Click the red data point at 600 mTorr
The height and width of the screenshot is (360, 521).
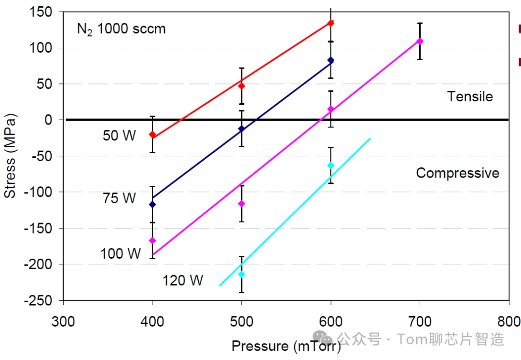(330, 23)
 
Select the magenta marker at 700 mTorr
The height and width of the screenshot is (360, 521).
(420, 41)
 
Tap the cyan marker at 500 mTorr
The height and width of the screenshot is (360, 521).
(242, 274)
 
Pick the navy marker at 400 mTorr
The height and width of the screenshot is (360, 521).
(152, 205)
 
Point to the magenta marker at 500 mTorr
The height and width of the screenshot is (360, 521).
(242, 204)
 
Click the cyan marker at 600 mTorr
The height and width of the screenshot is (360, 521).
(330, 165)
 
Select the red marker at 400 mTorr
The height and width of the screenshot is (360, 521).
(152, 134)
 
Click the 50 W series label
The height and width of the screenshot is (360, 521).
(119, 136)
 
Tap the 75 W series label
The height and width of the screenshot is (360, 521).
(119, 198)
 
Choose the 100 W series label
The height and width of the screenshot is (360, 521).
(121, 254)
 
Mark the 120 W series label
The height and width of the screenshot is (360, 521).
(183, 280)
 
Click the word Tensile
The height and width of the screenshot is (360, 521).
(470, 97)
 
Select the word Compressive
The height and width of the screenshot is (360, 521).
(457, 173)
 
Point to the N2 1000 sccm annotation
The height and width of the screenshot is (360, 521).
(121, 29)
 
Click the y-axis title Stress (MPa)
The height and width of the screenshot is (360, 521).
(10, 156)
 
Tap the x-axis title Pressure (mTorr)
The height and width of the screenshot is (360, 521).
(286, 346)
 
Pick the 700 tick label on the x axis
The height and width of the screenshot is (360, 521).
(420, 321)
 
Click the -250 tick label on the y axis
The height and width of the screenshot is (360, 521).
(38, 301)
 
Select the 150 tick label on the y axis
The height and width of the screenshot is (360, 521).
(41, 12)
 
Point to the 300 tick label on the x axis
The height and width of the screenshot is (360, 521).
(63, 321)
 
